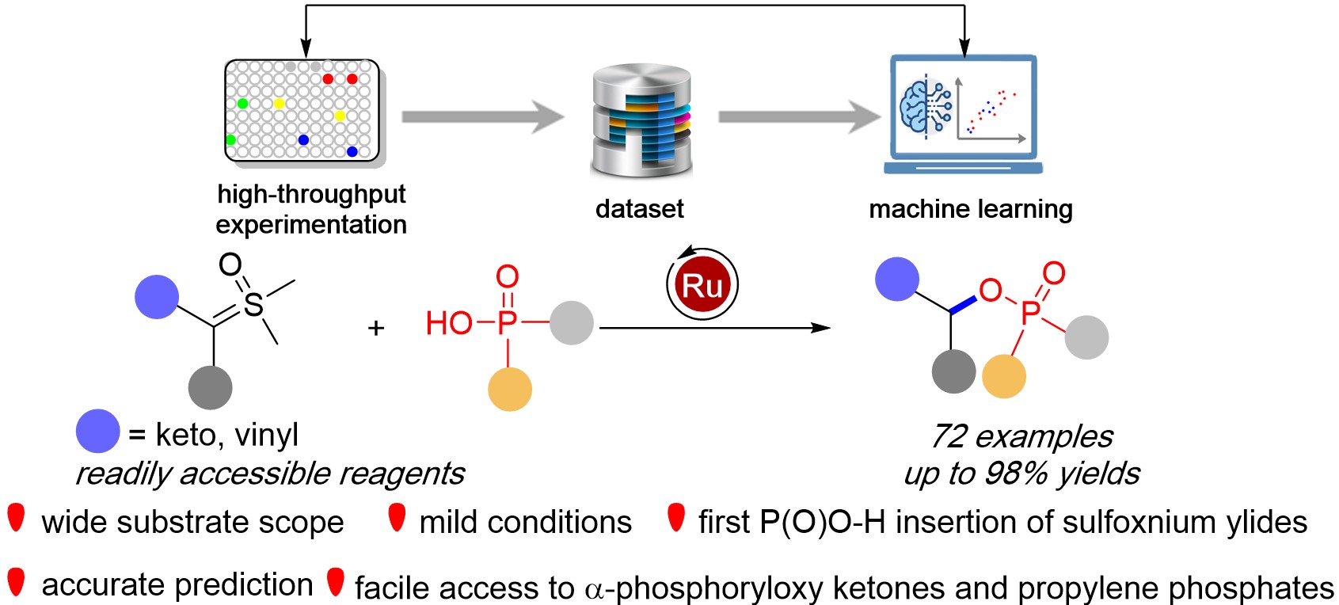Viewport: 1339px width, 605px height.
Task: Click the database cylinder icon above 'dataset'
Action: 641,120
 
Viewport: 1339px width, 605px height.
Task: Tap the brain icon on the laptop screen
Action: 922,107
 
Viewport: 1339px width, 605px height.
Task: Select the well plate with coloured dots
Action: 302,110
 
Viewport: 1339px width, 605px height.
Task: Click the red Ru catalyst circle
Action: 702,285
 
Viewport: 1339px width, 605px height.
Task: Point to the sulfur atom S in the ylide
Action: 253,303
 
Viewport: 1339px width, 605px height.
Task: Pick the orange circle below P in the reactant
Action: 509,389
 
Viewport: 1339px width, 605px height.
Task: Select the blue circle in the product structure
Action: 896,280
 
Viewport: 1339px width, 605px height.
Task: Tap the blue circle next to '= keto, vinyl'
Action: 97,432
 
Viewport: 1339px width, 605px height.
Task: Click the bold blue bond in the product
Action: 964,305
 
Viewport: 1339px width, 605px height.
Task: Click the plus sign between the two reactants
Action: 376,327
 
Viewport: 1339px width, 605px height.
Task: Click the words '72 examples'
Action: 1021,436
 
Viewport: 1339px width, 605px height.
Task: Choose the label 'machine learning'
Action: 970,209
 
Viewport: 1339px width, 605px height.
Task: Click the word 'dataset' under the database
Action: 639,209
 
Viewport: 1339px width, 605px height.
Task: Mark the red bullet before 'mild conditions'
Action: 397,518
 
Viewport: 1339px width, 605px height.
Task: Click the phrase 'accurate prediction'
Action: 177,584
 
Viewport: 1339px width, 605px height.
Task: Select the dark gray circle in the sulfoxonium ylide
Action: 210,387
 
